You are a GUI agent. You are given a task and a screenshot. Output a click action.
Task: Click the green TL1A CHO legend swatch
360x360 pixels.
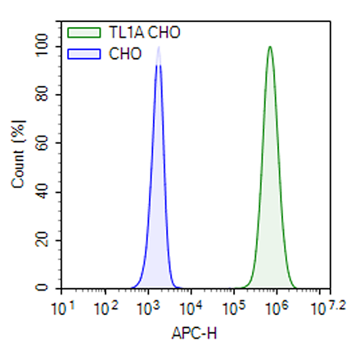pos(84,33)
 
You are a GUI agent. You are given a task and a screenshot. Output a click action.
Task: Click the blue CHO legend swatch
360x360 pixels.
pos(84,55)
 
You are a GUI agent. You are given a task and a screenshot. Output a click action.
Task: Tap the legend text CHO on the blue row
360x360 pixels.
pos(125,55)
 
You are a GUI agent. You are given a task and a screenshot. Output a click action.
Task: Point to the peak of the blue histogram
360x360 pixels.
pos(158,50)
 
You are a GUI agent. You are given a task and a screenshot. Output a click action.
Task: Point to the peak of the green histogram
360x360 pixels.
pos(269,47)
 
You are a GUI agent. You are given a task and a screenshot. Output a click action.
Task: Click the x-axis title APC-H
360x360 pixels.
pos(195,334)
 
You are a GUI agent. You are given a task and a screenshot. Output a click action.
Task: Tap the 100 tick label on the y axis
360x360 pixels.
pos(38,47)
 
